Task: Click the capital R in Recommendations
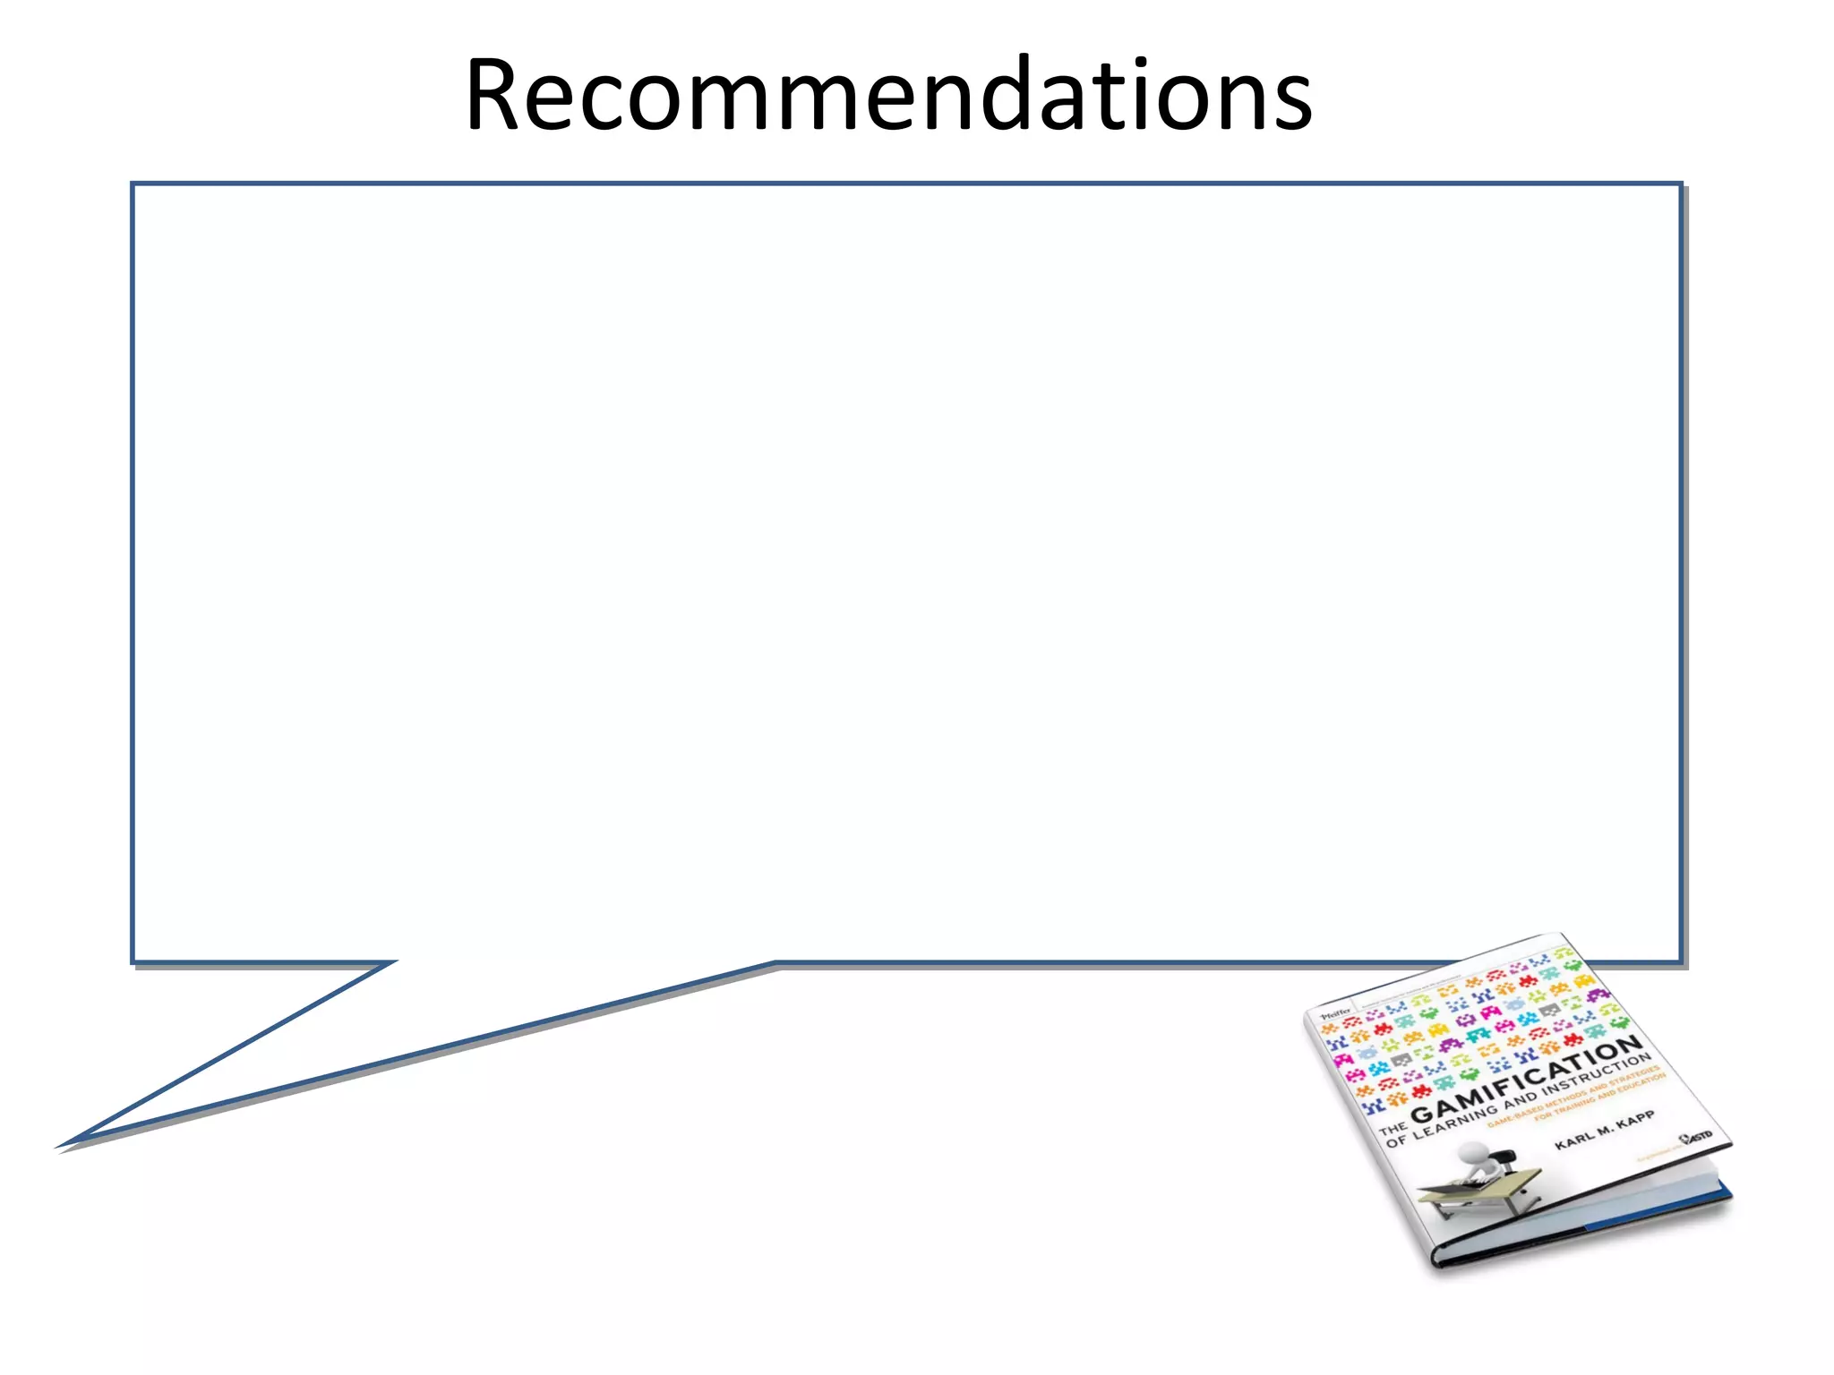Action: coord(497,95)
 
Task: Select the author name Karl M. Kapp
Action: coord(1605,1132)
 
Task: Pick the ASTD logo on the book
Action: coord(1697,1137)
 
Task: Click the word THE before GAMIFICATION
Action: coord(1393,1127)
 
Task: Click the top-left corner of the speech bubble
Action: coord(133,184)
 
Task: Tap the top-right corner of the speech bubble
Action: coord(1681,184)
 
